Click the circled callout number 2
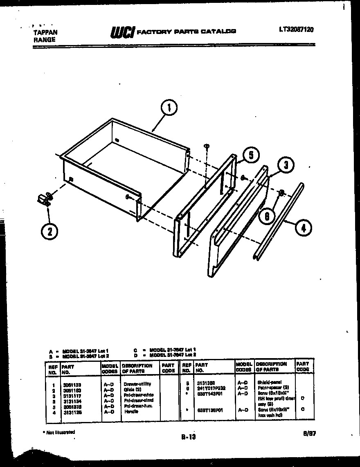pyautogui.click(x=49, y=231)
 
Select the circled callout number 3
pyautogui.click(x=286, y=166)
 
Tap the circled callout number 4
pyautogui.click(x=303, y=228)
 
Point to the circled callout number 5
pyautogui.click(x=250, y=156)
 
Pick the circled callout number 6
pyautogui.click(x=266, y=217)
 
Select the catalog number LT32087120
pyautogui.click(x=297, y=29)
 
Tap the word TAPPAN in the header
pyautogui.click(x=45, y=32)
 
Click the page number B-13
pyautogui.click(x=188, y=437)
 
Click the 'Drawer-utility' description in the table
pyautogui.click(x=137, y=384)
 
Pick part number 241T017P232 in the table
pyautogui.click(x=211, y=387)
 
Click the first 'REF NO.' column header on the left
pyautogui.click(x=52, y=369)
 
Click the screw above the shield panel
pyautogui.click(x=207, y=146)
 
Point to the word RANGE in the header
pyautogui.click(x=43, y=40)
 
